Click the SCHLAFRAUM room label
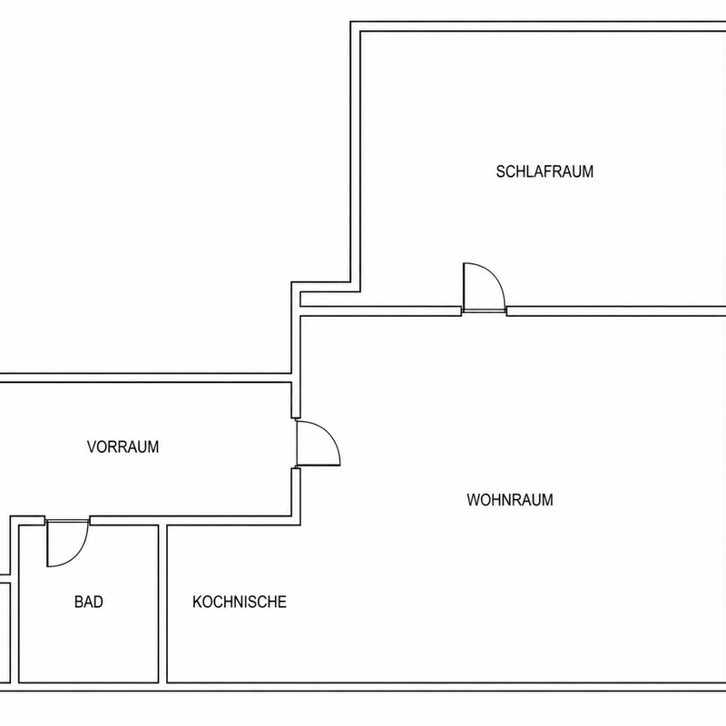544,172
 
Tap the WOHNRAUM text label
510,500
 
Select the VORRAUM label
123,446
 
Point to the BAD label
88,602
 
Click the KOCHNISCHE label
240,602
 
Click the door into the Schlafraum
484,287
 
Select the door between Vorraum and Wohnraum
318,443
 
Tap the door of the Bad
67,543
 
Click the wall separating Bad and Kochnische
162,603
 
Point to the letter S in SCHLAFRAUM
501,172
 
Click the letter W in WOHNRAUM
473,500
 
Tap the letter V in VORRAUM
92,446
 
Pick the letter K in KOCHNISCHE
197,602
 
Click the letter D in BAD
98,602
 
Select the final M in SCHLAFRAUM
588,172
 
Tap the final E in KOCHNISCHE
282,602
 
